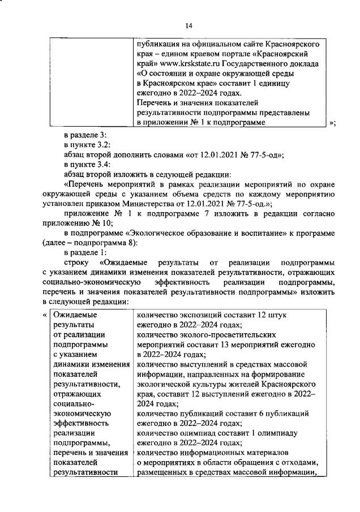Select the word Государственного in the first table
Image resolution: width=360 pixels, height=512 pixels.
coord(256,63)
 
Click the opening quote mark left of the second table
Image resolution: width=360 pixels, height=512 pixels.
coord(45,315)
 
